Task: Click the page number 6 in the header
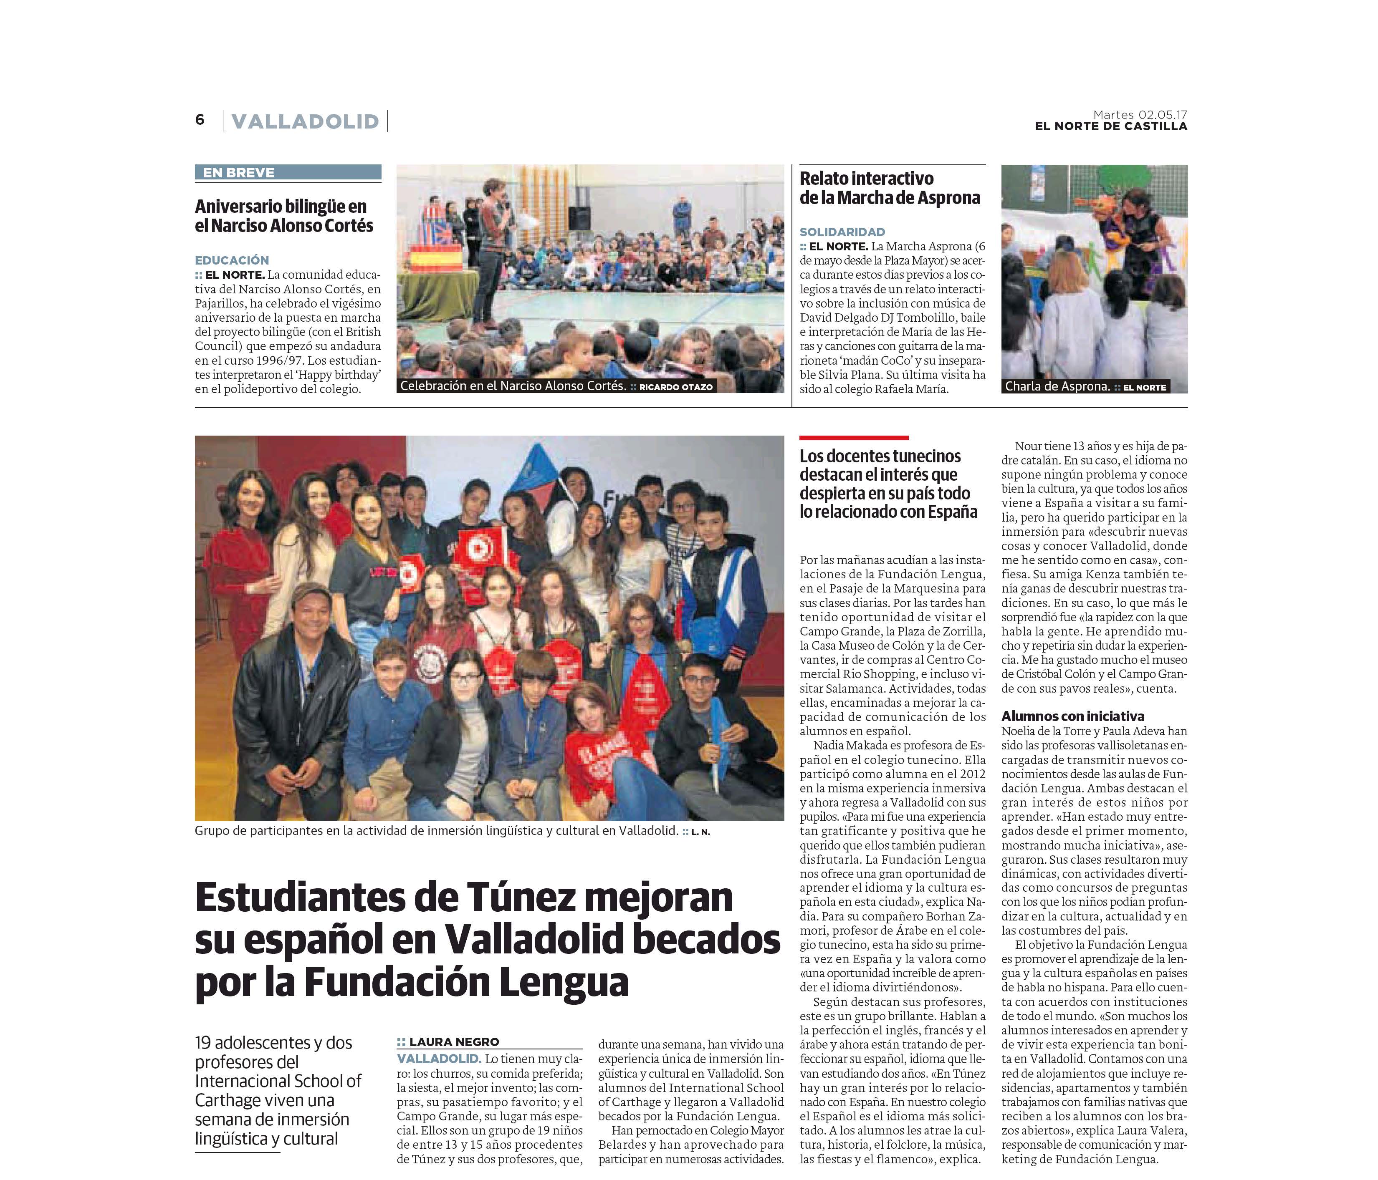pyautogui.click(x=200, y=120)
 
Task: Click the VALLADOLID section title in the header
pyautogui.click(x=305, y=122)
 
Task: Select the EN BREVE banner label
pyautogui.click(x=239, y=173)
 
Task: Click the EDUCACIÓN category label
pyautogui.click(x=232, y=260)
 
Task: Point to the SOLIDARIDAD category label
pyautogui.click(x=842, y=232)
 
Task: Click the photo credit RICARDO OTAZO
pyautogui.click(x=676, y=387)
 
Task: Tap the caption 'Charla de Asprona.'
pyautogui.click(x=1057, y=386)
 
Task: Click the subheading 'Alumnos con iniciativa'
pyautogui.click(x=1073, y=716)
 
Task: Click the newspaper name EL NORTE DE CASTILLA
pyautogui.click(x=1111, y=126)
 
